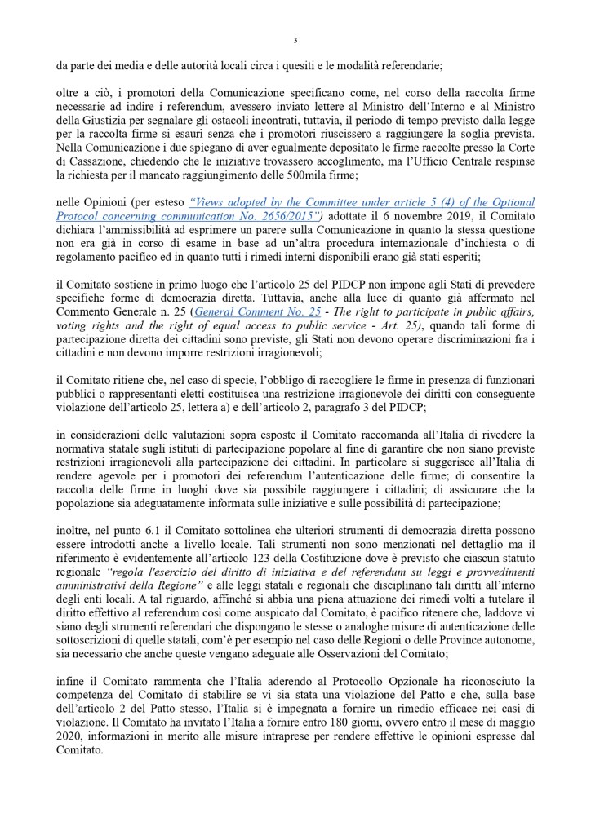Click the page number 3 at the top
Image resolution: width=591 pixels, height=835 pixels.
click(295, 41)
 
